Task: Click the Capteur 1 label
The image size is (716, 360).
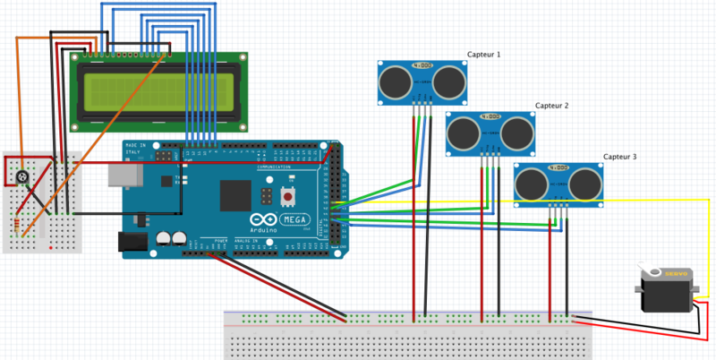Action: pos(484,55)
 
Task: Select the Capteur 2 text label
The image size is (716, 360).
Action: pos(552,106)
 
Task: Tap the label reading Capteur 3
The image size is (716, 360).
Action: pos(620,157)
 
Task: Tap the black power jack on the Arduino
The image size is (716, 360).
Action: pos(132,240)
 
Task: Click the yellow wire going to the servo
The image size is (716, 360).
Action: pos(626,201)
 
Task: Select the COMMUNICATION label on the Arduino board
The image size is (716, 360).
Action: pos(275,167)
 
